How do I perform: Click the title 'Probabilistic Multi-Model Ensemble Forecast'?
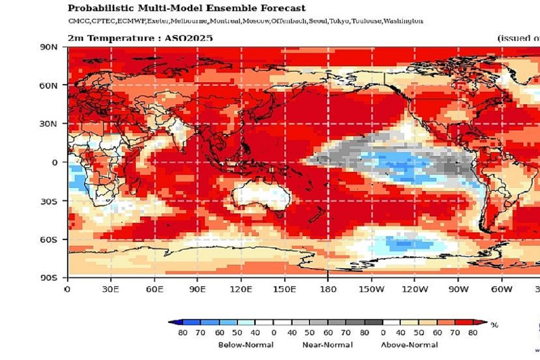[x=187, y=8]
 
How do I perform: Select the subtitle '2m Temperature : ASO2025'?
[x=140, y=38]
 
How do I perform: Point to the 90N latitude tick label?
[x=48, y=47]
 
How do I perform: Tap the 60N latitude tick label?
[x=48, y=85]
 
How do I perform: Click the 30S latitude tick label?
[x=48, y=201]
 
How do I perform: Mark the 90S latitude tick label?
[x=48, y=278]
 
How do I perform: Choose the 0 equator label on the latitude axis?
[x=54, y=162]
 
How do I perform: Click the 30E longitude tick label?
[x=111, y=289]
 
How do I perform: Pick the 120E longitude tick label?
[x=241, y=289]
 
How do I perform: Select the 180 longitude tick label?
[x=328, y=289]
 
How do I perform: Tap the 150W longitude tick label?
[x=371, y=289]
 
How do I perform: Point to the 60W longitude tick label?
[x=502, y=289]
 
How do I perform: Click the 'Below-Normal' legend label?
[x=246, y=345]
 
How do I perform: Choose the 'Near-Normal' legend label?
[x=327, y=345]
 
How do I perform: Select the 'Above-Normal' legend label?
[x=409, y=345]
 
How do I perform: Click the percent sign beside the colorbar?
[x=494, y=325]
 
